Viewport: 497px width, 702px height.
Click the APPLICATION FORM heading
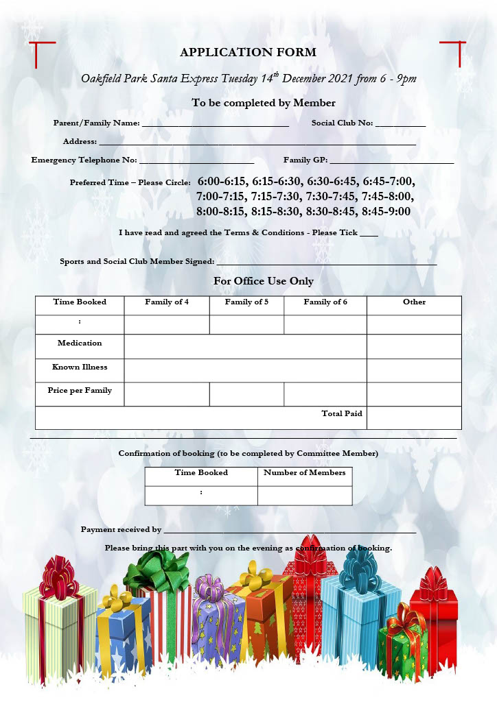(x=248, y=52)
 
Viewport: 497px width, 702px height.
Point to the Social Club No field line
(x=400, y=125)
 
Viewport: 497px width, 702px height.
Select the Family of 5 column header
(x=246, y=302)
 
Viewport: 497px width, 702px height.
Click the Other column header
(x=414, y=302)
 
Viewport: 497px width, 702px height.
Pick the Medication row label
(x=80, y=343)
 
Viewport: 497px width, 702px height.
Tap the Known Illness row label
(x=80, y=367)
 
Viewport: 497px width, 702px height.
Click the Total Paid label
(x=342, y=413)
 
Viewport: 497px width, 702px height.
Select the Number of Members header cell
(x=305, y=473)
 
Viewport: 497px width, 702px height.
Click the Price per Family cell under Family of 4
(x=167, y=394)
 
